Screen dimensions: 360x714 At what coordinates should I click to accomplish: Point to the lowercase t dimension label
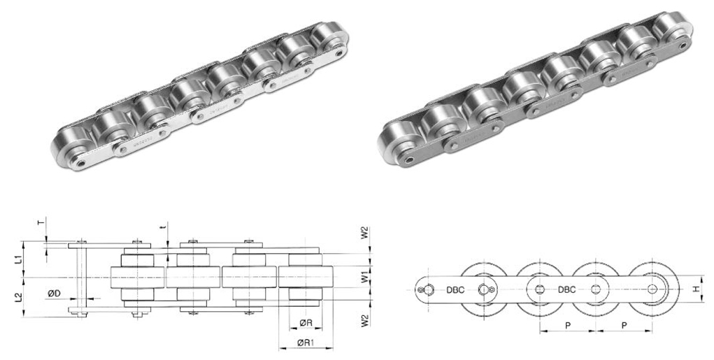(162, 227)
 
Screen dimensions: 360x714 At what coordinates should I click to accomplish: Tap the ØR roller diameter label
(305, 323)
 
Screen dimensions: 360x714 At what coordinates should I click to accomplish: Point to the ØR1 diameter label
(306, 343)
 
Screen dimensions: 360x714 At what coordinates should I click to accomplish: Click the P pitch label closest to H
(622, 326)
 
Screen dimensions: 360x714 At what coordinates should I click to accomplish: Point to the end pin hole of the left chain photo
(83, 163)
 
